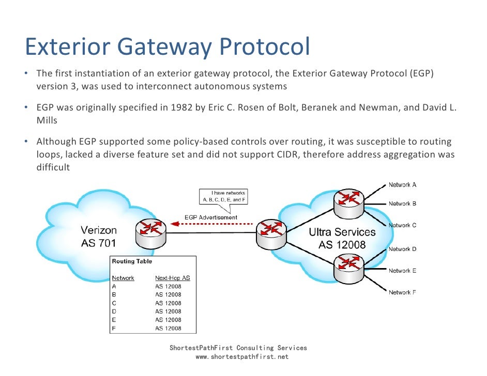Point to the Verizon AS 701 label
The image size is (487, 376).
pos(99,236)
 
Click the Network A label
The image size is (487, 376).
pos(403,184)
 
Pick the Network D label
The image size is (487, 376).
pos(403,249)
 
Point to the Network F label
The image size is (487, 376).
pos(403,292)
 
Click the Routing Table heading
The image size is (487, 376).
pos(132,261)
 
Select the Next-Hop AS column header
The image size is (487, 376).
pos(172,278)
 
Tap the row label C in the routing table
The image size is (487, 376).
pos(114,303)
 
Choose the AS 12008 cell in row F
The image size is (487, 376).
pos(168,328)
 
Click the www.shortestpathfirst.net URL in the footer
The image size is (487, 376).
pos(238,357)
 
